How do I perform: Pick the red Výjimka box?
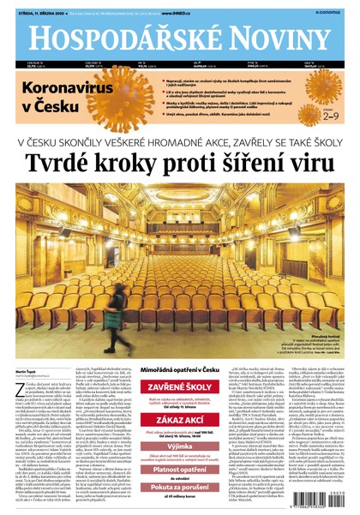[179, 434]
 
